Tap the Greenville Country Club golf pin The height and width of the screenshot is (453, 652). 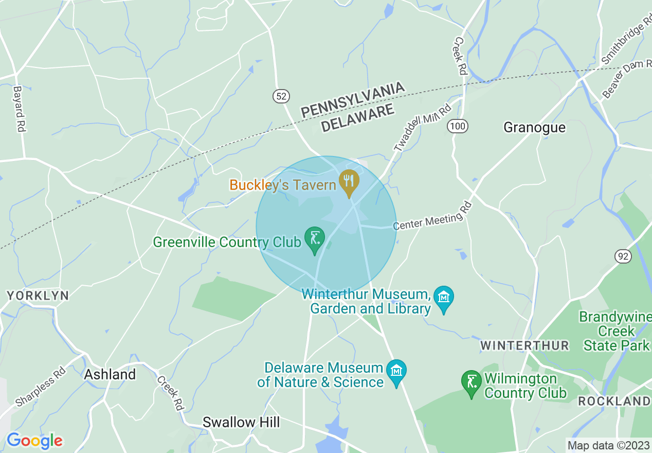coord(315,239)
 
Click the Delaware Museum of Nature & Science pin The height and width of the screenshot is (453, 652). coord(396,372)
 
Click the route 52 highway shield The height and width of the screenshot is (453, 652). coord(281,96)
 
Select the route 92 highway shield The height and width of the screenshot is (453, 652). coord(623,256)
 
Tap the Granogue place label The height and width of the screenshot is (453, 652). coord(534,127)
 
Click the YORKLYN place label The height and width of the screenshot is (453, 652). coord(38,296)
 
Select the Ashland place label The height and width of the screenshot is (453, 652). coord(110,374)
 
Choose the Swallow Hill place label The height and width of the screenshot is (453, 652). coord(241,422)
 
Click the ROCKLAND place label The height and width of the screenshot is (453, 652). coord(614,401)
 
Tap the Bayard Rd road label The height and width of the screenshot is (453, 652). coord(20,109)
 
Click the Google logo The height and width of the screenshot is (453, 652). coord(34,441)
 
